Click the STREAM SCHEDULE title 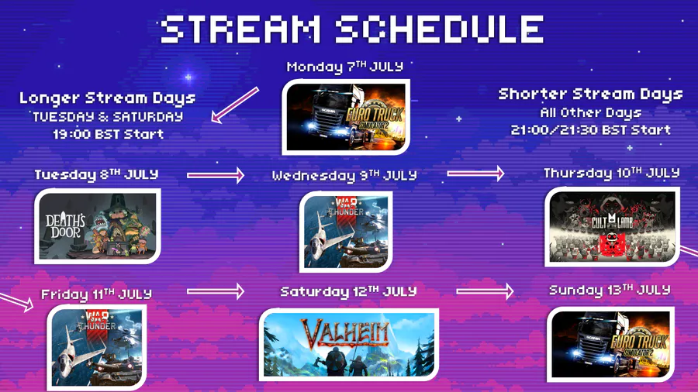[352, 29]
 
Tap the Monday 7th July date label [345, 67]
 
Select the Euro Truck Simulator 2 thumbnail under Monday [346, 117]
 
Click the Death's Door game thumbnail [98, 226]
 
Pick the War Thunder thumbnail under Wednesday [345, 232]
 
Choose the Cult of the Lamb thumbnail [612, 227]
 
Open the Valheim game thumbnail [349, 345]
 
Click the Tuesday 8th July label [96, 174]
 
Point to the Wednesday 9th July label [344, 176]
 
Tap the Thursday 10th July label [612, 173]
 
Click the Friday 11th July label [97, 294]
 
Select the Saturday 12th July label [348, 291]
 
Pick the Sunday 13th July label [610, 291]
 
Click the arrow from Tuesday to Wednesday [216, 175]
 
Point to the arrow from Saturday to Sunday [485, 291]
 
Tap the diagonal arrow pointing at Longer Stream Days [234, 105]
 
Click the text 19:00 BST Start [108, 134]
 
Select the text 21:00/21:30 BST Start [590, 130]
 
